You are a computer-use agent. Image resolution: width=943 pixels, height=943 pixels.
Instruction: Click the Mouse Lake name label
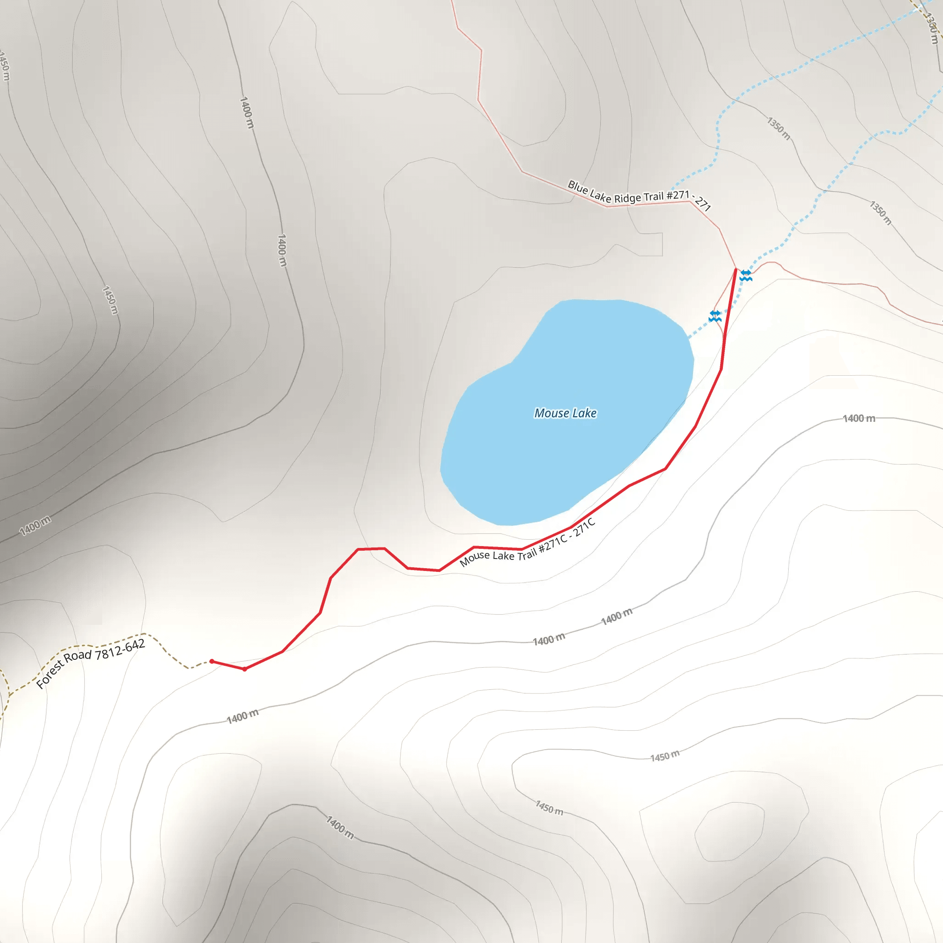point(565,413)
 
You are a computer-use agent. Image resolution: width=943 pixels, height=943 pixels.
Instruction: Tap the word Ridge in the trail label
point(628,198)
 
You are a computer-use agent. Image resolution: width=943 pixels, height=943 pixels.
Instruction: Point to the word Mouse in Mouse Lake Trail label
point(474,559)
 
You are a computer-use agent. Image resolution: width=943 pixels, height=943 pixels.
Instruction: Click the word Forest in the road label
point(49,675)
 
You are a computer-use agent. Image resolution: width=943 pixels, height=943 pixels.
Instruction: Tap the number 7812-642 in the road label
point(120,650)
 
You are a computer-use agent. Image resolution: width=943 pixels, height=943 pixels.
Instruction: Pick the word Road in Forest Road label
point(78,657)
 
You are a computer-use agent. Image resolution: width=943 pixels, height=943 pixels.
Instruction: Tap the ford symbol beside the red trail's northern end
point(746,276)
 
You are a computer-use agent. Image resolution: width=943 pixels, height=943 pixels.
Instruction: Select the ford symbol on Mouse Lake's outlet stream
point(715,316)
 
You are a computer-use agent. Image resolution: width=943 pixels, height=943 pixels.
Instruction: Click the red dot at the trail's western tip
point(212,661)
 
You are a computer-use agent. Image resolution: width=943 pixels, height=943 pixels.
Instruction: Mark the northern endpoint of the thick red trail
point(735,269)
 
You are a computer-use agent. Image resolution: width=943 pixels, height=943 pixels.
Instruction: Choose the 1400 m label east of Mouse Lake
point(859,418)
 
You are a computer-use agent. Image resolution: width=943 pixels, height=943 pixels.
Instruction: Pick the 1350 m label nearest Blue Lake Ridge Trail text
point(779,128)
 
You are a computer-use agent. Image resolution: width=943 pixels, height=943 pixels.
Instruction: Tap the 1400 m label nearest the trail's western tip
point(243,716)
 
